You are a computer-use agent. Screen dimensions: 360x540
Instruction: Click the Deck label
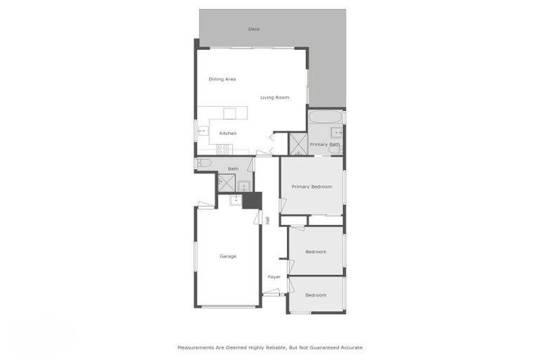coord(254,29)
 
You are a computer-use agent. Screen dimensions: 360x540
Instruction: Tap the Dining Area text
coord(222,79)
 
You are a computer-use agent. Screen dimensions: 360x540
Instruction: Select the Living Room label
coord(274,98)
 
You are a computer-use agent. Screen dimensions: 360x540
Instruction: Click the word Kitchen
coord(228,133)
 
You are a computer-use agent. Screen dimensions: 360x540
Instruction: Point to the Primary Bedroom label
coord(311,186)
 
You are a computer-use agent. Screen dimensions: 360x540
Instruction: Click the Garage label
coord(228,256)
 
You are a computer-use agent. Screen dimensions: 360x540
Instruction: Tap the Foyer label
coord(274,277)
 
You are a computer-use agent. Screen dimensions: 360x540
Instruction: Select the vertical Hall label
coord(268,219)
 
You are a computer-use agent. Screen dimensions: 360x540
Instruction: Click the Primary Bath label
coord(325,144)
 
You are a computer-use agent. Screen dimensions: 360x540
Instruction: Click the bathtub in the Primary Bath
coord(324,116)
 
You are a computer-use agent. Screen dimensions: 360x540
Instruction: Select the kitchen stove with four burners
coord(224,148)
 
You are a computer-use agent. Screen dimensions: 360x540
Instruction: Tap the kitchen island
coord(230,113)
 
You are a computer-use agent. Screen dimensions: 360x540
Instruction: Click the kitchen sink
coord(202,130)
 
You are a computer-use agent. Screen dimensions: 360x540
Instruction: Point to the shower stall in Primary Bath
coord(298,143)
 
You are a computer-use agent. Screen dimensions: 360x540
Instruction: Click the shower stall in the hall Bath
coord(226,182)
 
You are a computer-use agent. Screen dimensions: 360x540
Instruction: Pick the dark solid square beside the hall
coord(252,200)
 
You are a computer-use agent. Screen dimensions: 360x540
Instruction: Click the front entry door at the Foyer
coord(271,293)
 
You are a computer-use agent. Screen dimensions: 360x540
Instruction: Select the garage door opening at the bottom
coord(226,306)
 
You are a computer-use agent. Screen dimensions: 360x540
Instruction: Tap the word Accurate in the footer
coord(349,347)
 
